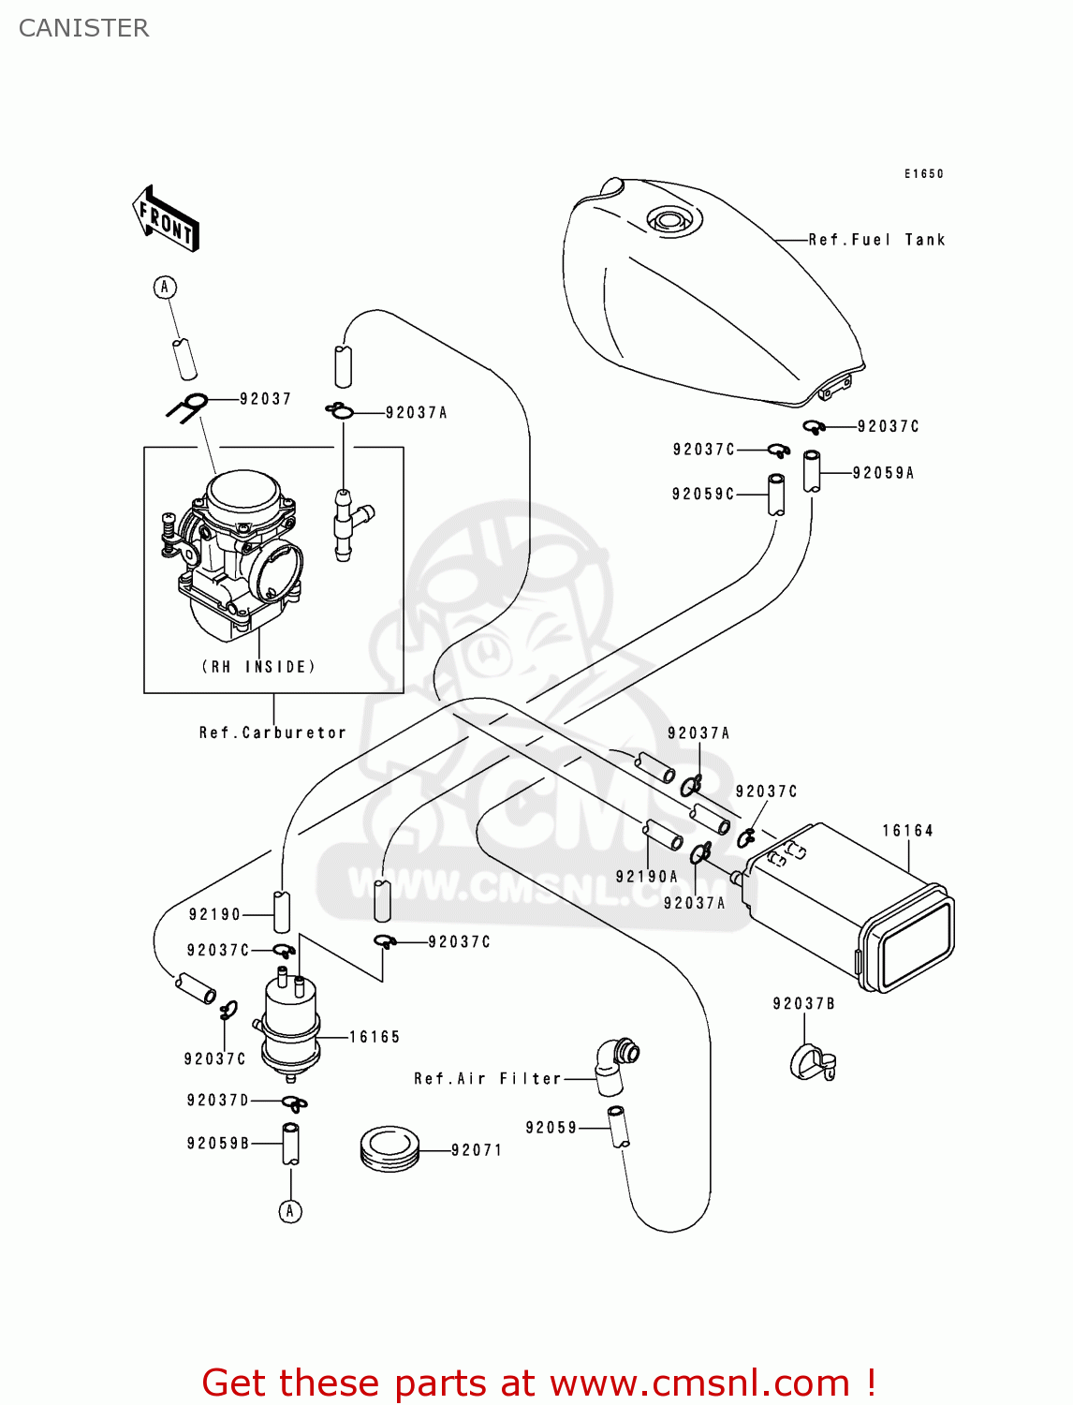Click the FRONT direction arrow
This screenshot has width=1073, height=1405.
tap(166, 219)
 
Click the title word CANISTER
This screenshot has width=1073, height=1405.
tap(83, 28)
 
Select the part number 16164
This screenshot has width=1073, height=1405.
tap(907, 831)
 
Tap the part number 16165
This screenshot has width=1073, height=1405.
tap(375, 1037)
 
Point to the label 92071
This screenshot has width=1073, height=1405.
tap(477, 1150)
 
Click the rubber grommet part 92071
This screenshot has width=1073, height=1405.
tap(390, 1149)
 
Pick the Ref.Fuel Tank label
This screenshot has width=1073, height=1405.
tap(876, 240)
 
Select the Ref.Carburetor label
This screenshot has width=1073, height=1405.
tap(272, 732)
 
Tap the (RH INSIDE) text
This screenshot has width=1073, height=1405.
tap(258, 667)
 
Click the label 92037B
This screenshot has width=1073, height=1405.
tap(803, 1004)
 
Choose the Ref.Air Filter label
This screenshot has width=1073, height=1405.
tap(488, 1079)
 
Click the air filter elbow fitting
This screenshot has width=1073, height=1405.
tap(616, 1063)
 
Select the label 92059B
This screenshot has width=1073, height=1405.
tap(218, 1144)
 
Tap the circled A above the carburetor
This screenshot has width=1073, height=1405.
tap(165, 288)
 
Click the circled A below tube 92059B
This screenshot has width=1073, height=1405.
tap(290, 1211)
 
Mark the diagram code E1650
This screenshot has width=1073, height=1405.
tap(923, 174)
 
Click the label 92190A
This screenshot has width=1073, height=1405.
tap(646, 877)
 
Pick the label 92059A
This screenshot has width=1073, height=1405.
tap(883, 473)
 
